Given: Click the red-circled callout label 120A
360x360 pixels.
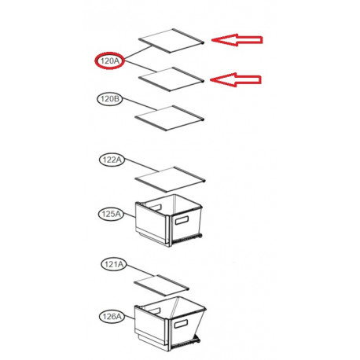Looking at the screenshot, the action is (x=109, y=61).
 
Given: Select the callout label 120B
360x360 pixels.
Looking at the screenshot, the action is (x=110, y=99).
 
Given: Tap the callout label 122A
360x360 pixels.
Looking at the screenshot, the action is (x=112, y=160).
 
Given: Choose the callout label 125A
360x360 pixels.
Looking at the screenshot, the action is (x=111, y=214).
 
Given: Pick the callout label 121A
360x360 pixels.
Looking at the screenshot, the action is (x=114, y=264).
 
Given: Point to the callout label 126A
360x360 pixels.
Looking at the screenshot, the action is (x=112, y=317).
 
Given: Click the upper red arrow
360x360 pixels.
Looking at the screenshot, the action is (x=237, y=40).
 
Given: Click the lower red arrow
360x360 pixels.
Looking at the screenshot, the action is (x=236, y=79).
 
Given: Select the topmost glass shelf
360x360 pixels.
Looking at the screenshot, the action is (x=171, y=41).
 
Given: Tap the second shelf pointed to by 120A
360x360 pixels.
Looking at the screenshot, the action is (x=171, y=79).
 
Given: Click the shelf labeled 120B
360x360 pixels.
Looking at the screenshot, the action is (x=170, y=119).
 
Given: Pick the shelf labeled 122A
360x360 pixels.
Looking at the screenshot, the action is (x=170, y=179).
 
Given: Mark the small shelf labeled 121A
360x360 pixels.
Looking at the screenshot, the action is (x=161, y=285).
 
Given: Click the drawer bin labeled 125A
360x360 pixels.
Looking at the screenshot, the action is (x=169, y=220).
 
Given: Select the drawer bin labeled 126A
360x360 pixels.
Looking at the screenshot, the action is (x=170, y=324).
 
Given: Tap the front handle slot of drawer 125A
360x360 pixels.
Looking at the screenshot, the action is (x=182, y=220).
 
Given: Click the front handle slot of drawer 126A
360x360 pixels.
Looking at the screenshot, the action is (x=181, y=324).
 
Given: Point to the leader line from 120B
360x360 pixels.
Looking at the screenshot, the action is (x=139, y=104).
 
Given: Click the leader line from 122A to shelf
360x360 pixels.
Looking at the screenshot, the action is (x=141, y=166).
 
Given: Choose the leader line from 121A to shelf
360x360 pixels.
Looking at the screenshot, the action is (x=140, y=270).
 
